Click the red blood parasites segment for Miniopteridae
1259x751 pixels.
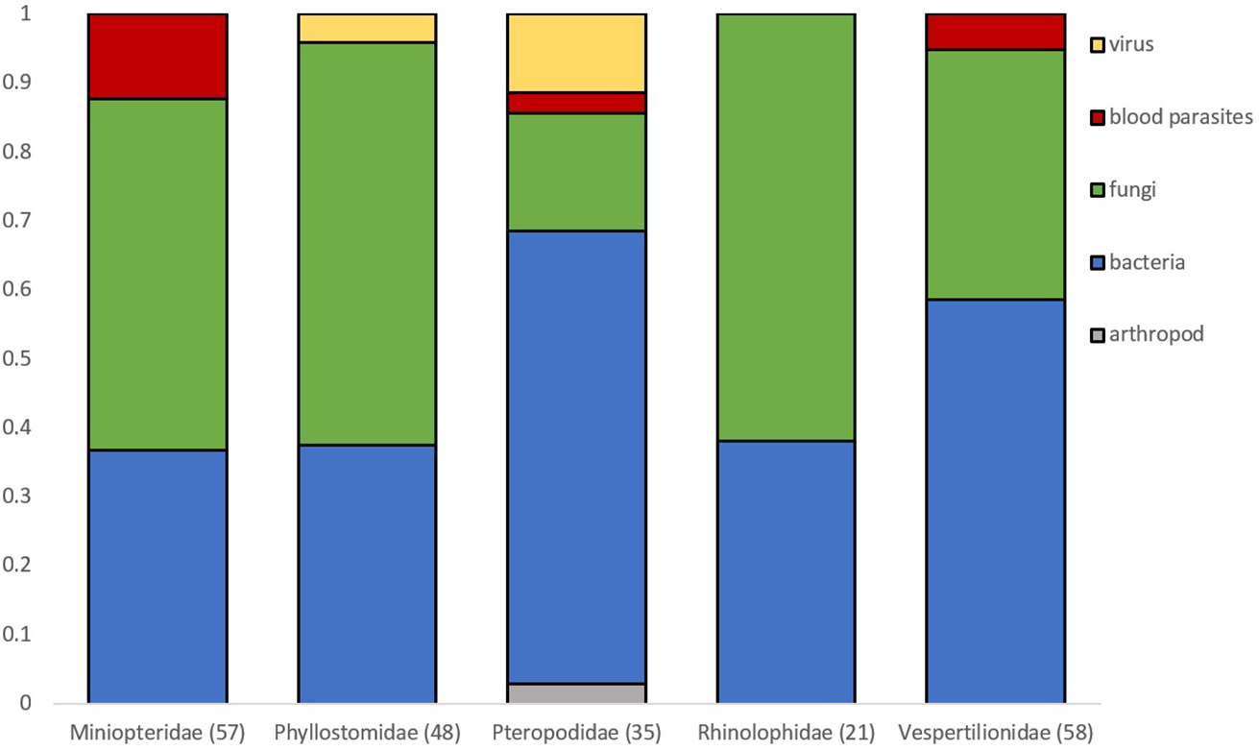point(157,57)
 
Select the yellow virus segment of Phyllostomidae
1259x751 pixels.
point(367,28)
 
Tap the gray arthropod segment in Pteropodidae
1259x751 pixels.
point(576,692)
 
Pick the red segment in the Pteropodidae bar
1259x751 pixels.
point(576,103)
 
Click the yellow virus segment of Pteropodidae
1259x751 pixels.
point(576,53)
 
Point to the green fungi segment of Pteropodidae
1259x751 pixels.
point(576,172)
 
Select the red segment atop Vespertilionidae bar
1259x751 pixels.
point(995,32)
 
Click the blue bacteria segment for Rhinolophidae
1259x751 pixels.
point(786,571)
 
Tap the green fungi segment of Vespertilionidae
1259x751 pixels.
point(995,174)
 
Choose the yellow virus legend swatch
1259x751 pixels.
point(1096,44)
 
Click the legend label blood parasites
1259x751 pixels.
point(1178,117)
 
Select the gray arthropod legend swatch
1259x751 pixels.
point(1096,334)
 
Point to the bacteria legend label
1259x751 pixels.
point(1147,262)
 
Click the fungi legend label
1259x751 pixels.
point(1133,190)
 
